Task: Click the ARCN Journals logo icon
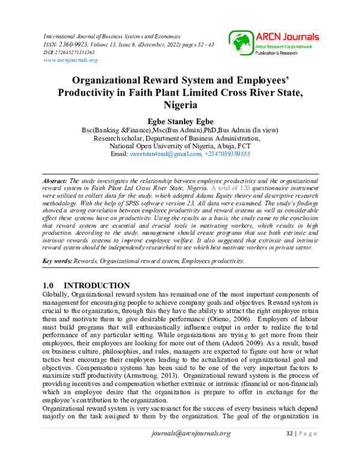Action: (x=238, y=42)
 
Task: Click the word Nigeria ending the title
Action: (x=179, y=104)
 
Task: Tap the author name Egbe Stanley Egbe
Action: (x=180, y=120)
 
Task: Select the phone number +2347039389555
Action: (x=227, y=154)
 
